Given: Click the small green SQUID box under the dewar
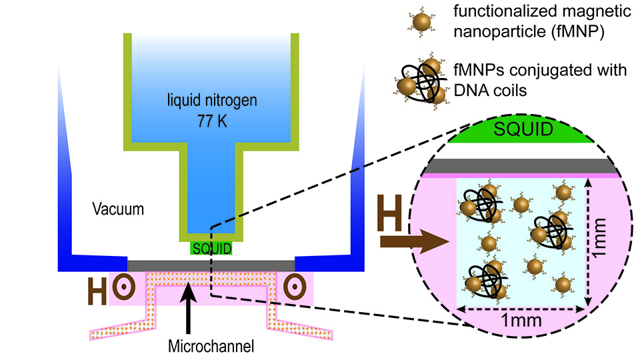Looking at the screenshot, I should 211,249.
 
